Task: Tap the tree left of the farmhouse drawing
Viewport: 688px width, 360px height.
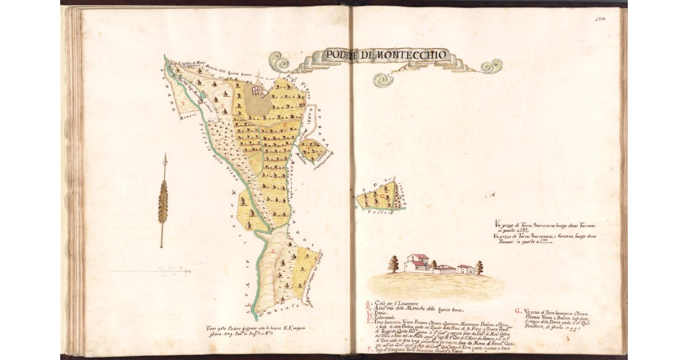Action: [393, 264]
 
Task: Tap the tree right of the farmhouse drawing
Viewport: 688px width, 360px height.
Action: [479, 267]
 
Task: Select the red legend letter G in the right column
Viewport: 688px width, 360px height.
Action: [518, 310]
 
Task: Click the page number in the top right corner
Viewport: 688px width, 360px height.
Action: [601, 18]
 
